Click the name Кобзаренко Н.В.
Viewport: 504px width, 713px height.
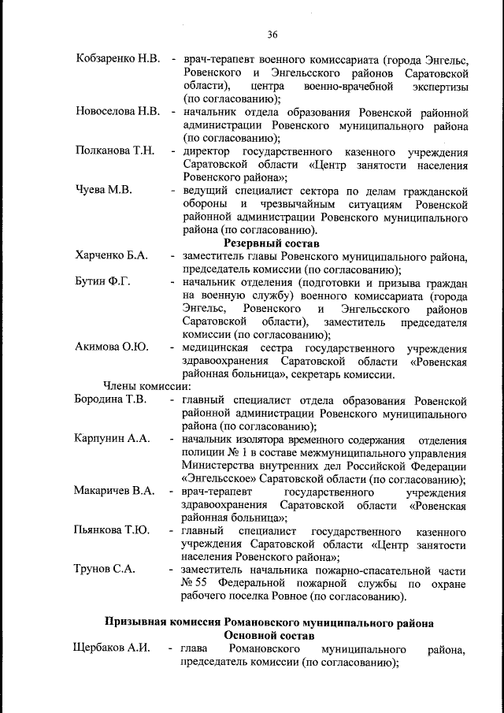118,59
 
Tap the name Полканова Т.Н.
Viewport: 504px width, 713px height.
115,150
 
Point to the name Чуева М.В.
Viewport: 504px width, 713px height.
104,191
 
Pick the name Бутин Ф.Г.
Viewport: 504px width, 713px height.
102,281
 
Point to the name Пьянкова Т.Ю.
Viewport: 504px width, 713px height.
111,530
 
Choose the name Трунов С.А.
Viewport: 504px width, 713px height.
104,569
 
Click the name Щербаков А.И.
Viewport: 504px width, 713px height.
111,648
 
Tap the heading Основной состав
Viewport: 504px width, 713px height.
269,635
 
